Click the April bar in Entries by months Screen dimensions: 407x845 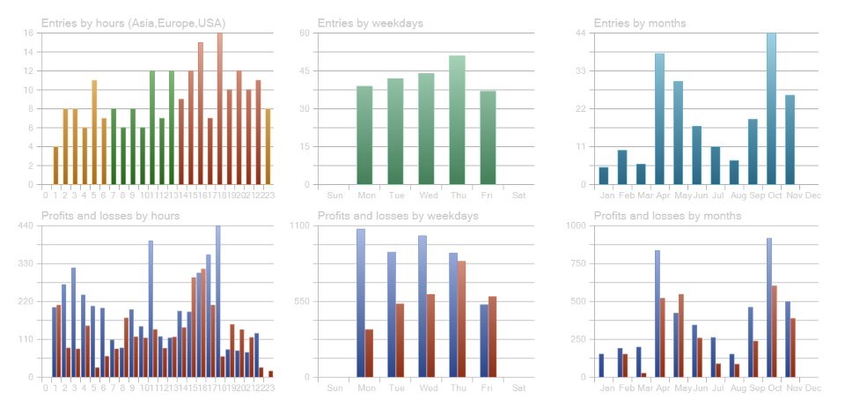659,119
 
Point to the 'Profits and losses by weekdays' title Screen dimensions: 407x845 397,216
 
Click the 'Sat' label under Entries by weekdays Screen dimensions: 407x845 518,195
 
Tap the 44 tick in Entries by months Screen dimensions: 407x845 582,33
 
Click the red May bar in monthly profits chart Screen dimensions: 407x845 681,336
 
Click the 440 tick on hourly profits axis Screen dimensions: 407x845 26,226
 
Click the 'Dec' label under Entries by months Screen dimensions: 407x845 812,195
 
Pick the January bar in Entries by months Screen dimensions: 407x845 603,175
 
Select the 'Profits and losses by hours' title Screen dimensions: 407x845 110,216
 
